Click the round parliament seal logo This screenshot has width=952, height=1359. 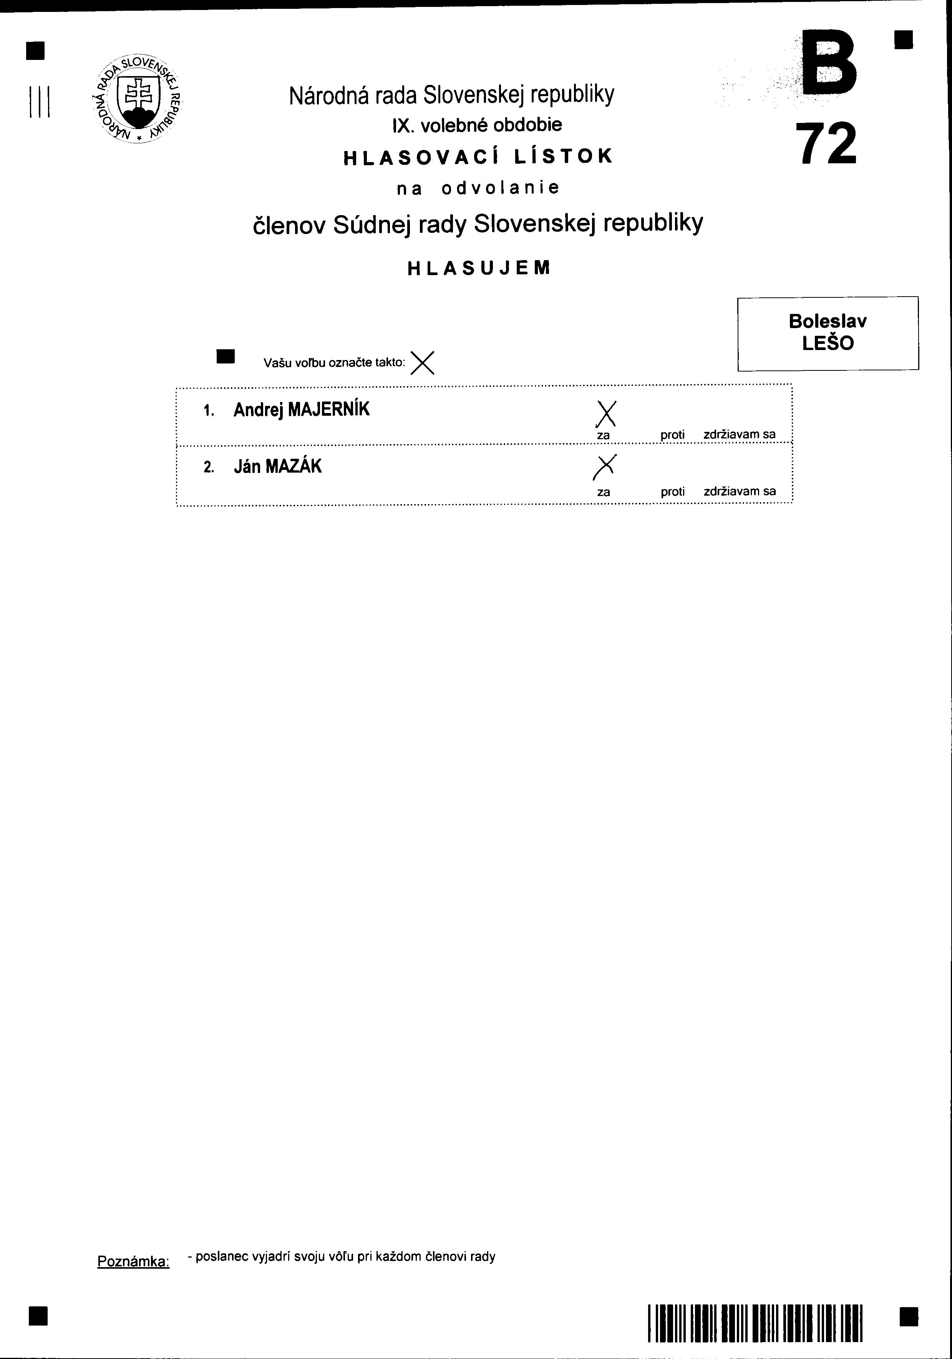click(x=138, y=100)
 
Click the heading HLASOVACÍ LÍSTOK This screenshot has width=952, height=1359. click(x=478, y=156)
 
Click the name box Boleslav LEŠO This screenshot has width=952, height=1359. click(x=828, y=333)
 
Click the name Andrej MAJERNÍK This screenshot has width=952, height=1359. click(x=301, y=410)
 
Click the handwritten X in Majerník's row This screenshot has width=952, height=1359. click(x=606, y=413)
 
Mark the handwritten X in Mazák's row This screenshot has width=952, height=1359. click(x=604, y=466)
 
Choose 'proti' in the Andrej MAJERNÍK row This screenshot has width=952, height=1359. click(x=672, y=435)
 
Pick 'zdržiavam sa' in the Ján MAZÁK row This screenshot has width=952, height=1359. click(x=740, y=491)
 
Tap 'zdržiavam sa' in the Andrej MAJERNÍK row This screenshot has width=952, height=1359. click(x=740, y=435)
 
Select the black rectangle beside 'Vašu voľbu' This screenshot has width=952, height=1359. click(x=226, y=356)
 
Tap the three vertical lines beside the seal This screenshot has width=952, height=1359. click(x=39, y=102)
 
